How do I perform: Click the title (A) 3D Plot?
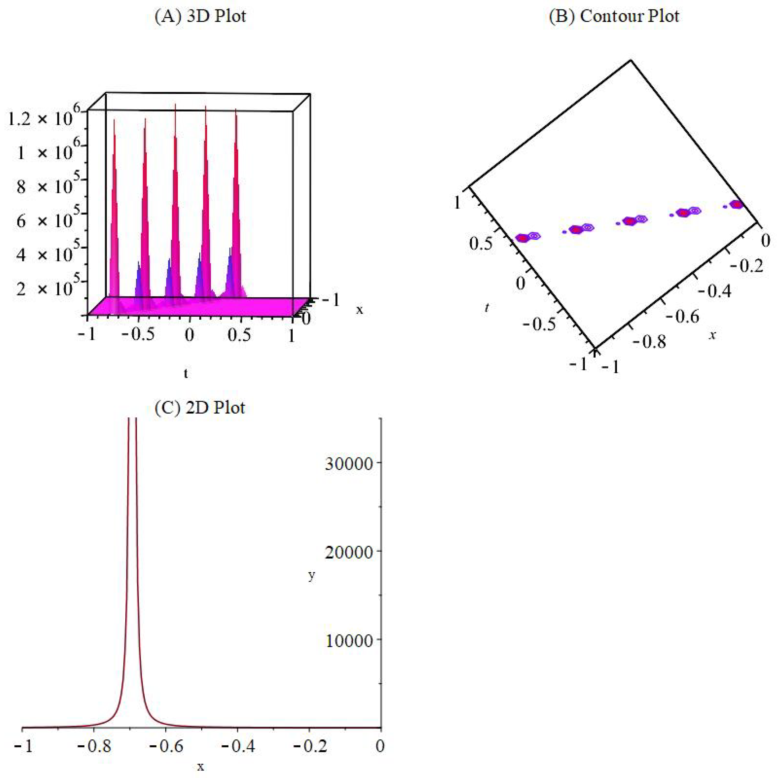click(x=200, y=17)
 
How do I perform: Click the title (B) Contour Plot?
click(x=614, y=17)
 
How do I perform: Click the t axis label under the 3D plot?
click(x=186, y=373)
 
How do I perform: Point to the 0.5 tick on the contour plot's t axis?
click(x=480, y=243)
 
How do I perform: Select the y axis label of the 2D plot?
click(x=311, y=576)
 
